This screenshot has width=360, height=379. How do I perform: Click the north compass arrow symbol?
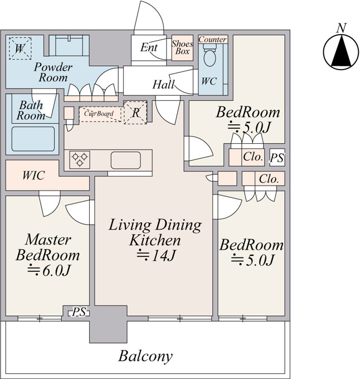[x=341, y=52]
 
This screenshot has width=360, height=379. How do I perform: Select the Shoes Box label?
[x=182, y=47]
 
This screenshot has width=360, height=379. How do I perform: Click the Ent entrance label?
[x=149, y=47]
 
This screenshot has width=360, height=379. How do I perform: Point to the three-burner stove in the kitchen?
[x=80, y=159]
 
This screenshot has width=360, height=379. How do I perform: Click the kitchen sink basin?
[x=125, y=160]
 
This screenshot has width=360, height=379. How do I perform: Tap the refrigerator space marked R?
[x=135, y=113]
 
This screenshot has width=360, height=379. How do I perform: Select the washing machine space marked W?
[x=20, y=48]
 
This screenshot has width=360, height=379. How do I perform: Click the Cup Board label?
[x=99, y=113]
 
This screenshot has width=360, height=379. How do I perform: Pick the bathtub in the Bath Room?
[x=33, y=139]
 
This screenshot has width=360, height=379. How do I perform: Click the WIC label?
[x=33, y=175]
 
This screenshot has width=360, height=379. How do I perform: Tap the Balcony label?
[x=145, y=356]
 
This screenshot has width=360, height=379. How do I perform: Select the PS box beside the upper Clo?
[x=277, y=157]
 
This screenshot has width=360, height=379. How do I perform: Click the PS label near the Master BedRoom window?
[x=79, y=312]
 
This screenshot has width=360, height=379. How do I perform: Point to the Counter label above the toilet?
[x=213, y=40]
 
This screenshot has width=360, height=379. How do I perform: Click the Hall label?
[x=164, y=85]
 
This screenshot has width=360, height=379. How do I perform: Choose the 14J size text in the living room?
[x=156, y=255]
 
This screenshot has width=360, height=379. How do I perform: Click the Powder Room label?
[x=53, y=72]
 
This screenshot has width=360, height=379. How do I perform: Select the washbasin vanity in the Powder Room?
[x=69, y=46]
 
